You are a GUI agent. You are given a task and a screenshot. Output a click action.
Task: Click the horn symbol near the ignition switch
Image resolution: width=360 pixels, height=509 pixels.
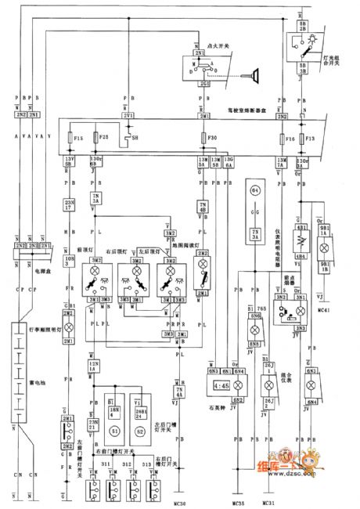pos(254,75)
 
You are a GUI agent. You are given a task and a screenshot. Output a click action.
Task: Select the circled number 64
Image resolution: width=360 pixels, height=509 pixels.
pos(254,191)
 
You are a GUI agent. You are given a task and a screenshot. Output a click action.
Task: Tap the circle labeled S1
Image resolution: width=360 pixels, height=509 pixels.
pos(116,431)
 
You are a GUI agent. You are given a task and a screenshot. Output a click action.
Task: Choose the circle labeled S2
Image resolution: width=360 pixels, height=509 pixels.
pos(142,431)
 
